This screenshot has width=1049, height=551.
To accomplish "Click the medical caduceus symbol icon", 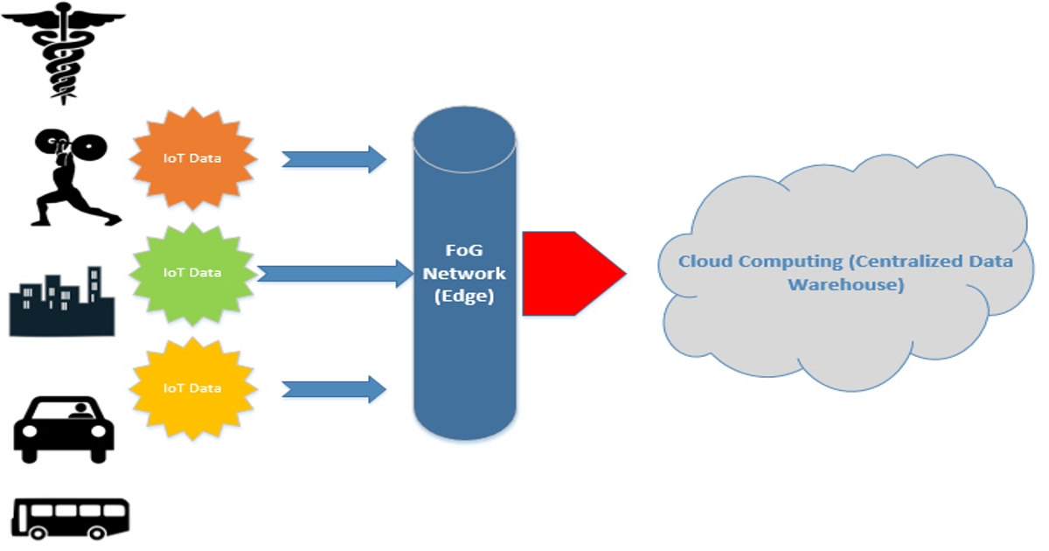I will (x=64, y=52).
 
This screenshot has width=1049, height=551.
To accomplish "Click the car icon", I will (x=64, y=429).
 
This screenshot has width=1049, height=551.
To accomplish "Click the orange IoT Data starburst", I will (x=193, y=158).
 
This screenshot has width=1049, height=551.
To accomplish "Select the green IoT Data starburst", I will (x=193, y=272).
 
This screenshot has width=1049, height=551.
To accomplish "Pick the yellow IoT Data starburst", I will (x=193, y=387).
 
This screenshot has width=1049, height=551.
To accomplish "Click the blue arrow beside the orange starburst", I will (x=333, y=159).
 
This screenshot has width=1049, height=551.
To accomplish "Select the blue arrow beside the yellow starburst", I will (x=333, y=388).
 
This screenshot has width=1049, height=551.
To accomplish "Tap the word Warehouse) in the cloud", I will (x=845, y=283).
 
